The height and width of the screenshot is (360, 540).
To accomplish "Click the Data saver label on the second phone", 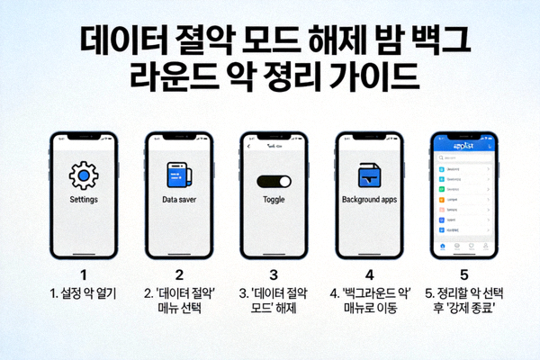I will point(179,199).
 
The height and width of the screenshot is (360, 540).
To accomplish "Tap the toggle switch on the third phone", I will point(274,182).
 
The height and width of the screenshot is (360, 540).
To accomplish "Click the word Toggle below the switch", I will point(274,199).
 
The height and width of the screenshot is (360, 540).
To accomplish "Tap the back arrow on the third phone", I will point(249,145).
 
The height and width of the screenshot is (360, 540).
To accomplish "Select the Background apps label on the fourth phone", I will point(370,199).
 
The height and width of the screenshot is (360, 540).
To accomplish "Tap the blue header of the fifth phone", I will point(465,147).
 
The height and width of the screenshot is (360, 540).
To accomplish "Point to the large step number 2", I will point(179,274).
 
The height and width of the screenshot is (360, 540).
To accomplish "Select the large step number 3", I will point(274,274).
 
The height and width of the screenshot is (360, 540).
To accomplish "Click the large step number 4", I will point(369,274).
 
